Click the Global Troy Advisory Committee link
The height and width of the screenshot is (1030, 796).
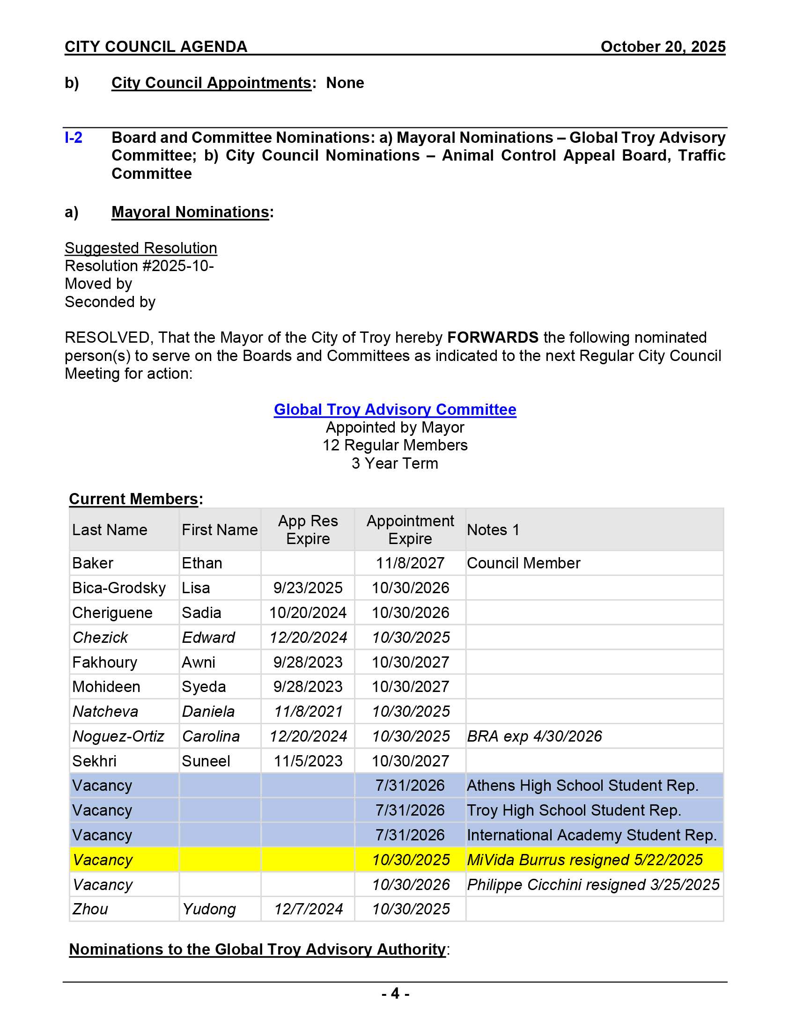pyautogui.click(x=395, y=409)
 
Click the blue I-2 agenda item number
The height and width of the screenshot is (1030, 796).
pyautogui.click(x=74, y=138)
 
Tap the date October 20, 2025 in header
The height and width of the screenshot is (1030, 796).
pyautogui.click(x=663, y=47)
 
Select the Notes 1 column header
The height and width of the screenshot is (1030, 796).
pyautogui.click(x=493, y=530)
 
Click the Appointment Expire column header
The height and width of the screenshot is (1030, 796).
pyautogui.click(x=410, y=530)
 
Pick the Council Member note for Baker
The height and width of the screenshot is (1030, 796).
pyautogui.click(x=523, y=563)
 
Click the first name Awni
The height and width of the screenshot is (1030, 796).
pyautogui.click(x=199, y=662)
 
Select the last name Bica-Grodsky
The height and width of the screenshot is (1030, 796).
pyautogui.click(x=119, y=588)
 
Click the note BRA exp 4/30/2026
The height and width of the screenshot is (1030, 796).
pyautogui.click(x=534, y=736)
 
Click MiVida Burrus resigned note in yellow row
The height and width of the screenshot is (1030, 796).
pyautogui.click(x=585, y=860)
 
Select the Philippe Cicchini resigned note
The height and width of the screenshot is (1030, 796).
pyautogui.click(x=593, y=885)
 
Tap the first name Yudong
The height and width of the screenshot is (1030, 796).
pyautogui.click(x=209, y=909)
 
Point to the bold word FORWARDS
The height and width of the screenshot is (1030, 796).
pyautogui.click(x=492, y=338)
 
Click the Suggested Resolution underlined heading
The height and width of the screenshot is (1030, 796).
pyautogui.click(x=140, y=248)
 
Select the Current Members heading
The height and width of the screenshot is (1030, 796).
pyautogui.click(x=133, y=499)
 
